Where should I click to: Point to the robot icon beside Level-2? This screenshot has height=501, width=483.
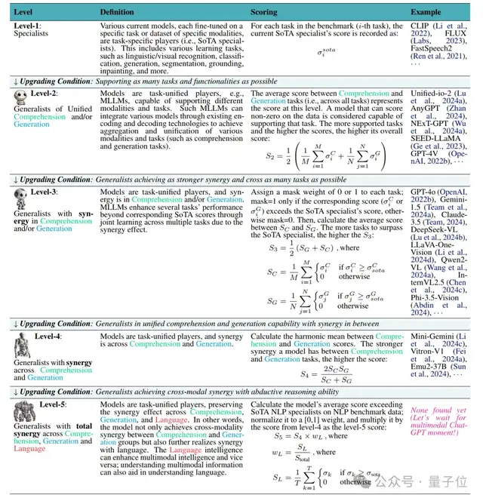pyautogui.click(x=20, y=97)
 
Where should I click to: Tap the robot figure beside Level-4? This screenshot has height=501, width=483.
pyautogui.click(x=20, y=348)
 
